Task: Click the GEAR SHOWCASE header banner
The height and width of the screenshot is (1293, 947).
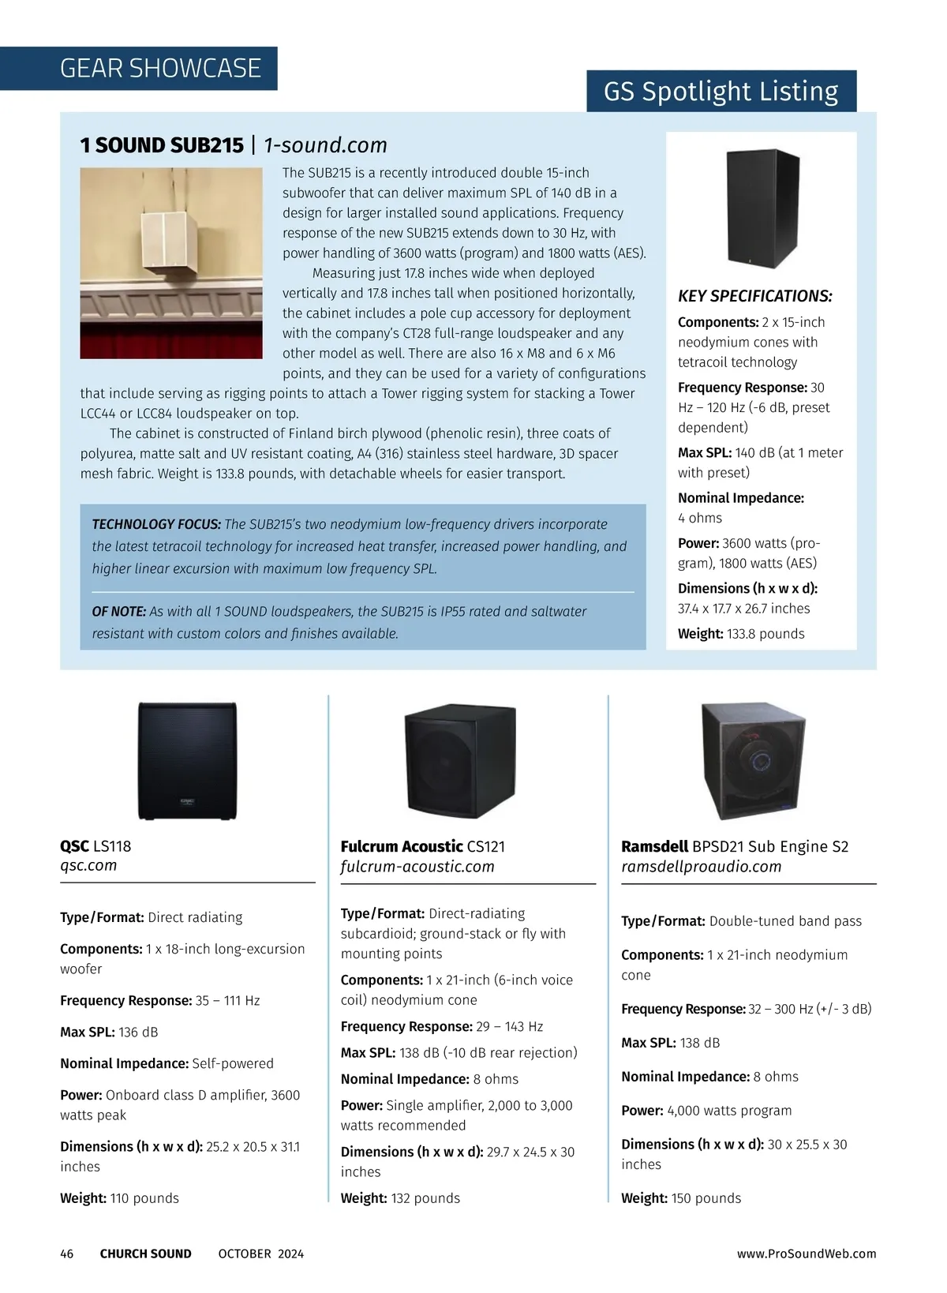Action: point(160,69)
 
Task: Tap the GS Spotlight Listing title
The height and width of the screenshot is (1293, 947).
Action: point(721,92)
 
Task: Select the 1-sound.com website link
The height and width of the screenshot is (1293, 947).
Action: point(325,145)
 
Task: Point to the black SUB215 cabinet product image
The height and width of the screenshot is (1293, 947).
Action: point(762,208)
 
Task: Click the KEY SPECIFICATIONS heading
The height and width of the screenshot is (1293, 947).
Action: point(754,296)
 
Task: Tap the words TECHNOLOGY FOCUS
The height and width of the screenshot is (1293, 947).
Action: point(156,524)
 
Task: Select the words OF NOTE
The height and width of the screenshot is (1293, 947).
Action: point(119,611)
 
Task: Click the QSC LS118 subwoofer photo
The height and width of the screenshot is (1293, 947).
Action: point(187,761)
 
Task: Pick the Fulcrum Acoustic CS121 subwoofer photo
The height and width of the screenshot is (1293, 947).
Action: point(460,761)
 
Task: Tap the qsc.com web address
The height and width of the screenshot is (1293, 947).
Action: point(88,865)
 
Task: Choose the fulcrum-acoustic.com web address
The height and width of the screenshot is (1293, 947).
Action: point(417,867)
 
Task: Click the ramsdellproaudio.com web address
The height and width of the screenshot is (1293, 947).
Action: point(701,867)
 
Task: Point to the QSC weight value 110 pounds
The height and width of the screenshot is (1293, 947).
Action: point(144,1198)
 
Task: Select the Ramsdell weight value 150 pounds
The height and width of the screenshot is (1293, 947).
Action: point(706,1198)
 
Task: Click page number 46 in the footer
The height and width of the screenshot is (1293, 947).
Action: point(67,1254)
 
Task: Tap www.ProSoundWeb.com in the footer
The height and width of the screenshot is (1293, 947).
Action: point(807,1254)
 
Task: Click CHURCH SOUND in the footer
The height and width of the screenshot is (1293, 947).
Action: point(145,1254)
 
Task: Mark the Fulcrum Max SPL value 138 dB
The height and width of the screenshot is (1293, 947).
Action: point(410,1053)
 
